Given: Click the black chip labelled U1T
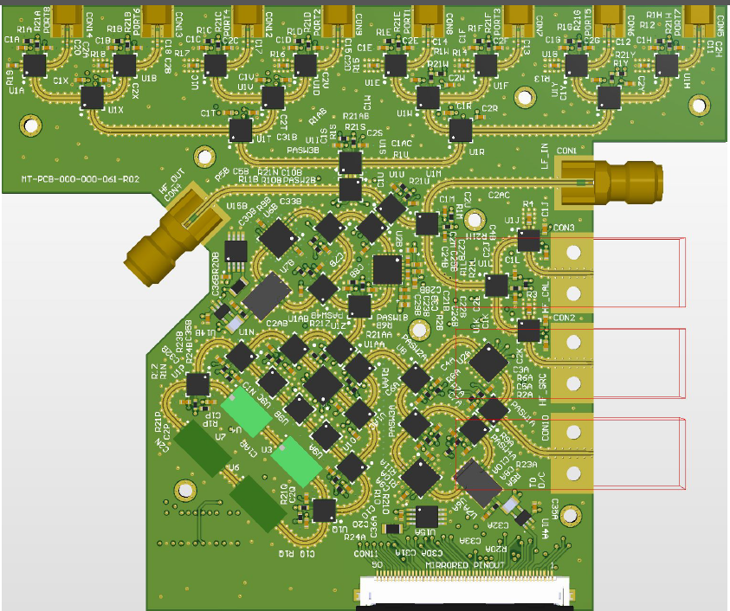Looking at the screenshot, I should point(240,131).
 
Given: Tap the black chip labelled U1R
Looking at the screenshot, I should point(460,131).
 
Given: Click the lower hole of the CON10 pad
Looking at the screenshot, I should point(572,473).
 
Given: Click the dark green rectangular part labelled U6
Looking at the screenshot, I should point(256,503).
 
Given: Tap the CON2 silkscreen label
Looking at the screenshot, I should point(564,318).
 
